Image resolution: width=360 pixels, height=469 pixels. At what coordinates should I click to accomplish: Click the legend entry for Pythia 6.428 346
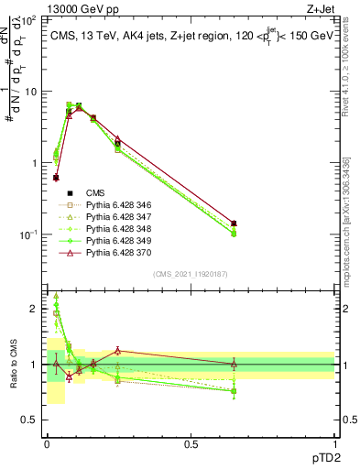[x=101, y=203]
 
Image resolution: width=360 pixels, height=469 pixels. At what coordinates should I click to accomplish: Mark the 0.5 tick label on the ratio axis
[x=32, y=420]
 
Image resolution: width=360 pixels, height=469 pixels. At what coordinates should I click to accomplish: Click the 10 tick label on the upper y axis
[x=32, y=92]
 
